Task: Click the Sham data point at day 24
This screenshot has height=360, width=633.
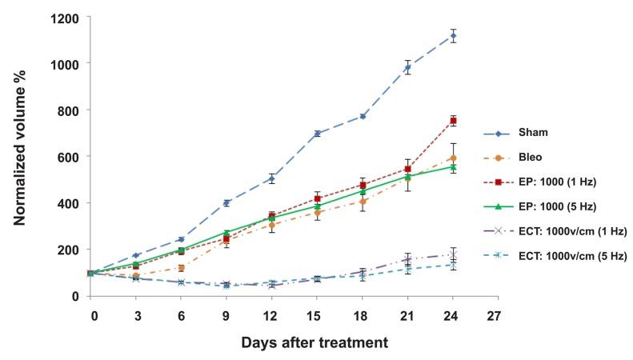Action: pos(454,36)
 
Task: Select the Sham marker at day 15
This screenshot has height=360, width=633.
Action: pos(317,134)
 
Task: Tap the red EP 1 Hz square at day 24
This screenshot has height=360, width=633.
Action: pos(454,121)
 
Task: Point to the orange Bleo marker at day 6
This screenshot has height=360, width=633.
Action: pos(181,268)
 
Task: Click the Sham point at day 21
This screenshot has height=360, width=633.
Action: pos(408,68)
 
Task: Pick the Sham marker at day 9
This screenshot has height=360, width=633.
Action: pos(226,202)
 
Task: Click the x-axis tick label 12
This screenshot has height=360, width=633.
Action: pos(272,315)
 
